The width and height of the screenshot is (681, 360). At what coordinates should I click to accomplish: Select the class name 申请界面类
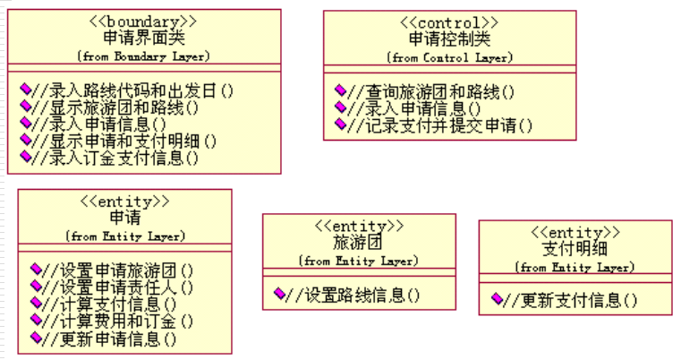point(143,39)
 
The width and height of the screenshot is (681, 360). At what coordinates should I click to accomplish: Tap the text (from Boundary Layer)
point(143,56)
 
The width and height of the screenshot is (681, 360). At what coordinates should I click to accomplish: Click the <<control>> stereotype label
point(449,21)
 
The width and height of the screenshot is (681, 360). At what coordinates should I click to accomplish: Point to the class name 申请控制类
point(449,39)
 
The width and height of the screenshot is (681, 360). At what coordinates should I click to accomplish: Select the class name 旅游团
point(358,243)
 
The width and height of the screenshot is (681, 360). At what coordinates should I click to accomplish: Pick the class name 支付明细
point(575,249)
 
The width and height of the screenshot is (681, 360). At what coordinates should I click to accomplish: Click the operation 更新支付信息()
point(571,300)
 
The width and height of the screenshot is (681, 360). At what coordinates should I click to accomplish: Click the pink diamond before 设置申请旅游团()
point(35,269)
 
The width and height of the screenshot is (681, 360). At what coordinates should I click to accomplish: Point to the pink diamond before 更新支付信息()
point(497,299)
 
